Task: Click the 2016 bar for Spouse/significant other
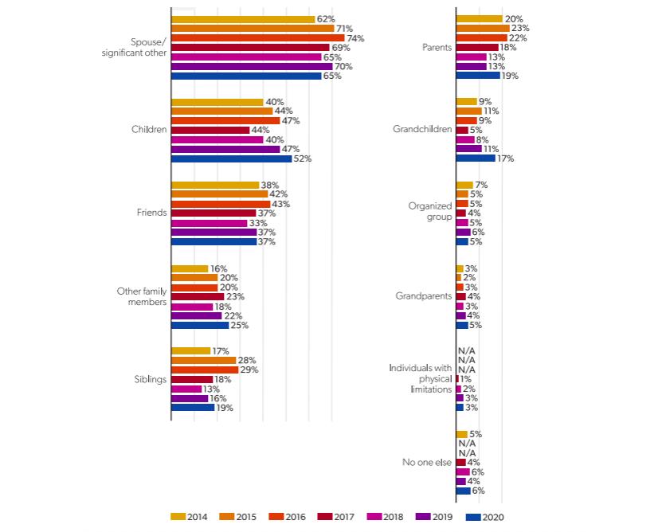coord(258,38)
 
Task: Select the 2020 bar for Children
coord(232,158)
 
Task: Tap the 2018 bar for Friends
coord(210,223)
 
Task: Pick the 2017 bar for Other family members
coord(198,296)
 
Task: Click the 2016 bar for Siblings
coord(205,370)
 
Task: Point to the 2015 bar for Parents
coord(482,28)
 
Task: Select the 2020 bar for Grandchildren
coord(475,158)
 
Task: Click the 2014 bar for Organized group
coord(464,185)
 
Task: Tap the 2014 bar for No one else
coord(461,434)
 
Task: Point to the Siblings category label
coord(150,379)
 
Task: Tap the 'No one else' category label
coord(427,463)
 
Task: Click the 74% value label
coord(355,38)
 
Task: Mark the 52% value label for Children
coord(302,158)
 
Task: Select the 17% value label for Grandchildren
coord(505,158)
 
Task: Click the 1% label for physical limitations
coord(466,379)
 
